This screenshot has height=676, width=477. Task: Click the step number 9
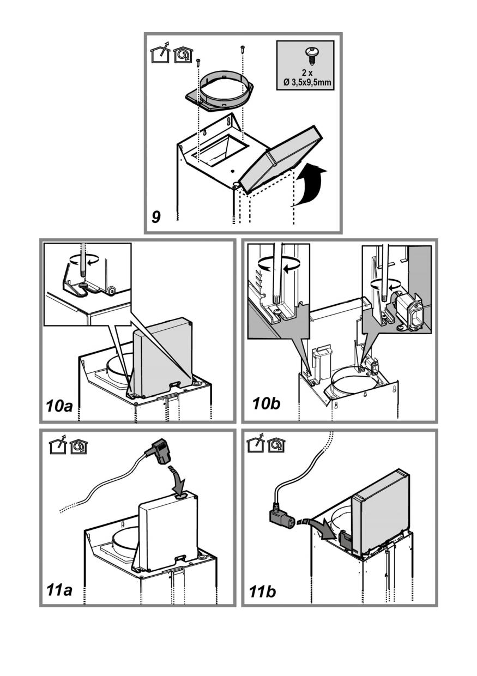tap(156, 217)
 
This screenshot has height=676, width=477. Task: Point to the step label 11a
tap(61, 589)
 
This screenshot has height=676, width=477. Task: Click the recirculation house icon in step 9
tap(182, 55)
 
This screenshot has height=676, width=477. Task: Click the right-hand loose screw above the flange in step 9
tap(242, 50)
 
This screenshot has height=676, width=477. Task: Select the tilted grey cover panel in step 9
tap(278, 158)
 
